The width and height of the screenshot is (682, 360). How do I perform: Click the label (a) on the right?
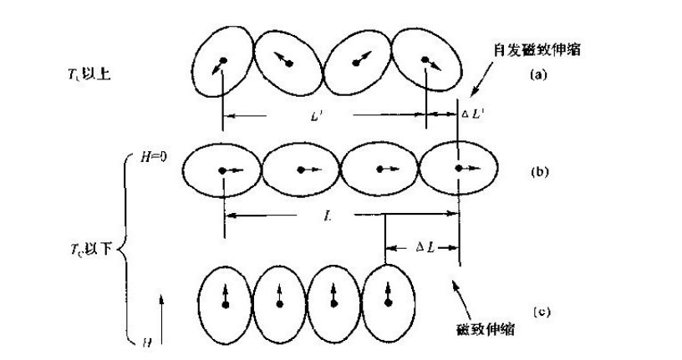[x=538, y=74]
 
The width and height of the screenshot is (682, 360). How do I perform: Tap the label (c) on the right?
[x=542, y=312]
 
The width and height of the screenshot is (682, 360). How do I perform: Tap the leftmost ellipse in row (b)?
[x=221, y=170]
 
